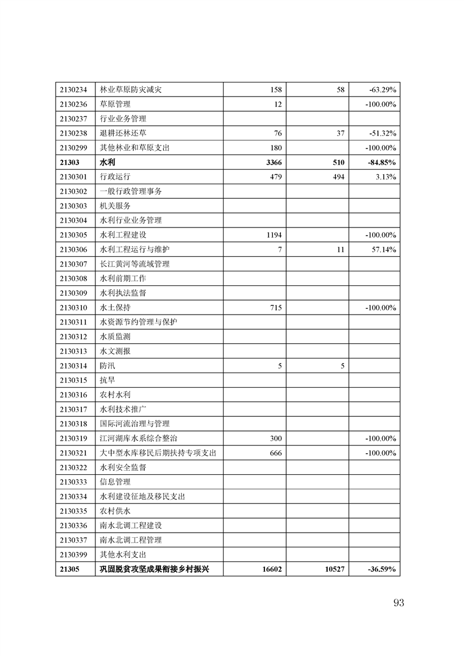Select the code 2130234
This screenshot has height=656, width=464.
pyautogui.click(x=73, y=90)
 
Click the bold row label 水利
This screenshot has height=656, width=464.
pyautogui.click(x=107, y=163)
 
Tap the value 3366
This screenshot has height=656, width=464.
pyautogui.click(x=274, y=163)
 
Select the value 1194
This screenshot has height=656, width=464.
pyautogui.click(x=274, y=235)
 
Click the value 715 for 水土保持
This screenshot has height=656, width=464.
pyautogui.click(x=276, y=308)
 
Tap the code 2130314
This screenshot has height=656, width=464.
pyautogui.click(x=73, y=366)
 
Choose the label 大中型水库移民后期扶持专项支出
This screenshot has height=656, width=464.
pyautogui.click(x=158, y=453)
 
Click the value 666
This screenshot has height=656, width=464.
pyautogui.click(x=276, y=453)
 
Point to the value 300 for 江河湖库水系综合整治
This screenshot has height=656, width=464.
pyautogui.click(x=276, y=439)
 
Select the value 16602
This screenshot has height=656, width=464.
pyautogui.click(x=272, y=569)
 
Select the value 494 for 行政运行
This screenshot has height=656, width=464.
pyautogui.click(x=338, y=177)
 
